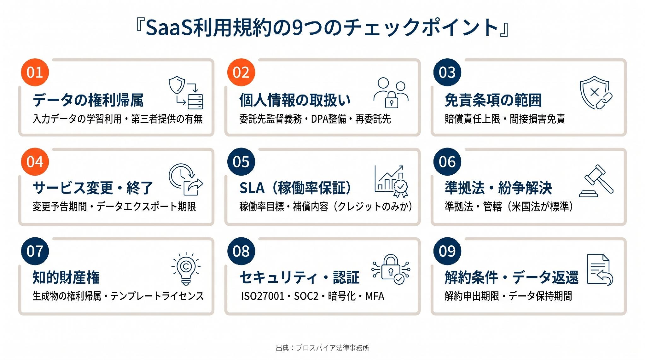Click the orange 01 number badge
pyautogui.click(x=35, y=72)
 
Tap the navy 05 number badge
pyautogui.click(x=241, y=162)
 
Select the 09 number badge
pyautogui.click(x=447, y=251)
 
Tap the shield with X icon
pyautogui.click(x=596, y=92)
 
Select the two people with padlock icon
pyautogui.click(x=391, y=93)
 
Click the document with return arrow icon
pyautogui.click(x=600, y=270)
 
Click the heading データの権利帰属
pyautogui.click(x=88, y=100)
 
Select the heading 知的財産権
pyautogui.click(x=66, y=277)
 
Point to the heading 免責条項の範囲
pyautogui.click(x=493, y=100)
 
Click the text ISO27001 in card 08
pyautogui.click(x=263, y=296)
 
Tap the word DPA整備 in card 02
pyautogui.click(x=329, y=119)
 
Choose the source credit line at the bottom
pyautogui.click(x=322, y=348)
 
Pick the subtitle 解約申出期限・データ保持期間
pyautogui.click(x=508, y=296)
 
